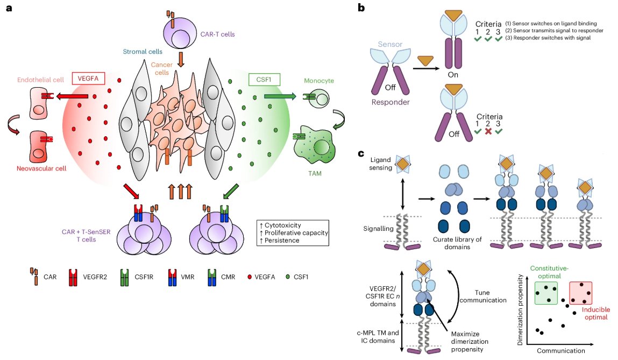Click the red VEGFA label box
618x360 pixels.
pyautogui.click(x=88, y=79)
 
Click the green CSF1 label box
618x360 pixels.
pyautogui.click(x=264, y=79)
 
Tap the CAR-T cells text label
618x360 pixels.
pyautogui.click(x=217, y=34)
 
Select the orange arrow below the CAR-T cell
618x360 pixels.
pyautogui.click(x=181, y=59)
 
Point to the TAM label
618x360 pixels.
pyautogui.click(x=315, y=173)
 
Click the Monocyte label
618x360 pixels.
pyautogui.click(x=319, y=80)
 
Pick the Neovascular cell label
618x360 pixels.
pyautogui.click(x=41, y=168)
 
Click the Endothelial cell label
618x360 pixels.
pyautogui.click(x=40, y=80)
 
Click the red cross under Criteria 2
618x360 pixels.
pyautogui.click(x=488, y=131)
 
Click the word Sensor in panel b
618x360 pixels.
pyautogui.click(x=390, y=44)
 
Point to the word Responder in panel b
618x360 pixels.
pyautogui.click(x=390, y=102)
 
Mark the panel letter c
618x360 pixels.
pyautogui.click(x=361, y=153)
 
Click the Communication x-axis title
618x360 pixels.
pyautogui.click(x=561, y=350)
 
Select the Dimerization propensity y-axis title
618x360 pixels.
pyautogui.click(x=520, y=310)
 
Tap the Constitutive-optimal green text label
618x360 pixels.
pyautogui.click(x=549, y=272)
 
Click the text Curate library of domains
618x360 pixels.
pyautogui.click(x=457, y=243)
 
